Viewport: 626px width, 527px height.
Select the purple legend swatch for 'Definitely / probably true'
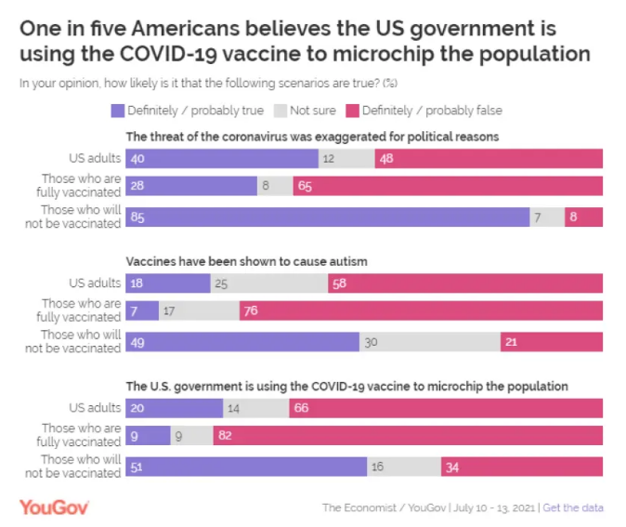tap(117, 111)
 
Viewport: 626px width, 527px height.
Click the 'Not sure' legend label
tap(312, 111)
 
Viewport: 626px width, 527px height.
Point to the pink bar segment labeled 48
tap(489, 158)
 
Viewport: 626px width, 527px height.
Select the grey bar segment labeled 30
tap(430, 342)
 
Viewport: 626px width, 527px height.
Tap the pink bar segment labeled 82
tap(408, 435)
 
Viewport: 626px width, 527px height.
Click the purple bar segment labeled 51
tap(247, 467)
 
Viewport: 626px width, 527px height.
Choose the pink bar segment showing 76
tap(421, 310)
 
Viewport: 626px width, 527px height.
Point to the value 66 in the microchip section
tap(301, 408)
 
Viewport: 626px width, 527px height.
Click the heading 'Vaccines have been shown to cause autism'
tap(246, 262)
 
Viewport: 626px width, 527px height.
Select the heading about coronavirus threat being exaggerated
tap(313, 137)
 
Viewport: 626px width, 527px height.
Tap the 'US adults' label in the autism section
tap(96, 283)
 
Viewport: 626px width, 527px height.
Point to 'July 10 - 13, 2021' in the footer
tap(492, 507)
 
